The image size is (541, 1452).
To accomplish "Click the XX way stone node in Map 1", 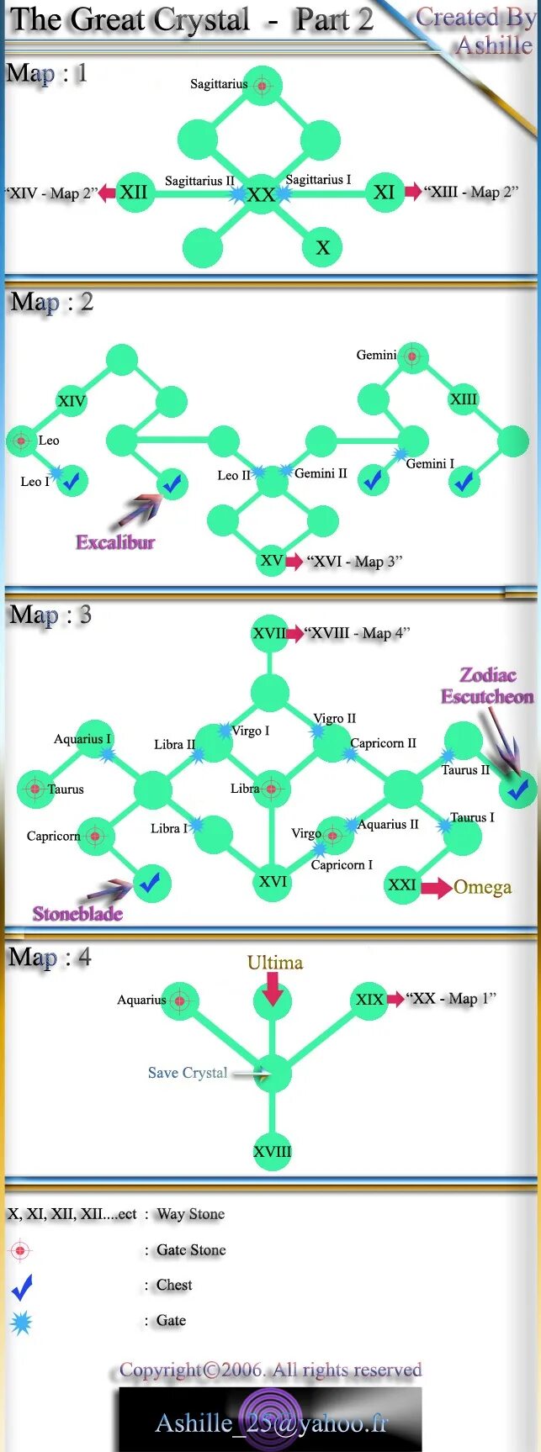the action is coord(262,194).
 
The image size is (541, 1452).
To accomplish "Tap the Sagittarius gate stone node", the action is coord(262,86).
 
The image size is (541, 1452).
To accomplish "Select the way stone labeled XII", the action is coord(134,193).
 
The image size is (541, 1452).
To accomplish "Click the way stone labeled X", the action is coord(322,247).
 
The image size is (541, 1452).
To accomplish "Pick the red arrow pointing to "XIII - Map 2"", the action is coord(413,192).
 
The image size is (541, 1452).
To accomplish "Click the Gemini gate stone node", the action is coord(411,356).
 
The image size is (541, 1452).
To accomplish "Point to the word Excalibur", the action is coord(115,542).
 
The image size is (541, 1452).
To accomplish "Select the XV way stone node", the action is coord(272,561).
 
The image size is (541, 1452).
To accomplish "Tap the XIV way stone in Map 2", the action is coord(72,401).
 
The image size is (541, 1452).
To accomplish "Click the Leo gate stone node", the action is coord(22,440).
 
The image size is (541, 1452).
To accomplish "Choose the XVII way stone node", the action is coord(269,633).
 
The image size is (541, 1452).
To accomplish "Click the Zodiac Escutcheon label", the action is coord(487,685).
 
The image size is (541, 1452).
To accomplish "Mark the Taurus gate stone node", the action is coord(34,789).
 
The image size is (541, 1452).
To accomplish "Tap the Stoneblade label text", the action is coord(77,914).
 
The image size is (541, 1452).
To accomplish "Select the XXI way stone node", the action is coord(402,885).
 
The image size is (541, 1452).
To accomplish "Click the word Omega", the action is coord(482,887).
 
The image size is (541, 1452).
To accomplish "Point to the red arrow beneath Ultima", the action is coord(273,989).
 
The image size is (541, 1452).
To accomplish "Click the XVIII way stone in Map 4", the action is coord(272,1152).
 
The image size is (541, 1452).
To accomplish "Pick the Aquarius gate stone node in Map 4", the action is coord(180,1001).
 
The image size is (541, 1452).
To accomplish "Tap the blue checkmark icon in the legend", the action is coord(22,1286).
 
